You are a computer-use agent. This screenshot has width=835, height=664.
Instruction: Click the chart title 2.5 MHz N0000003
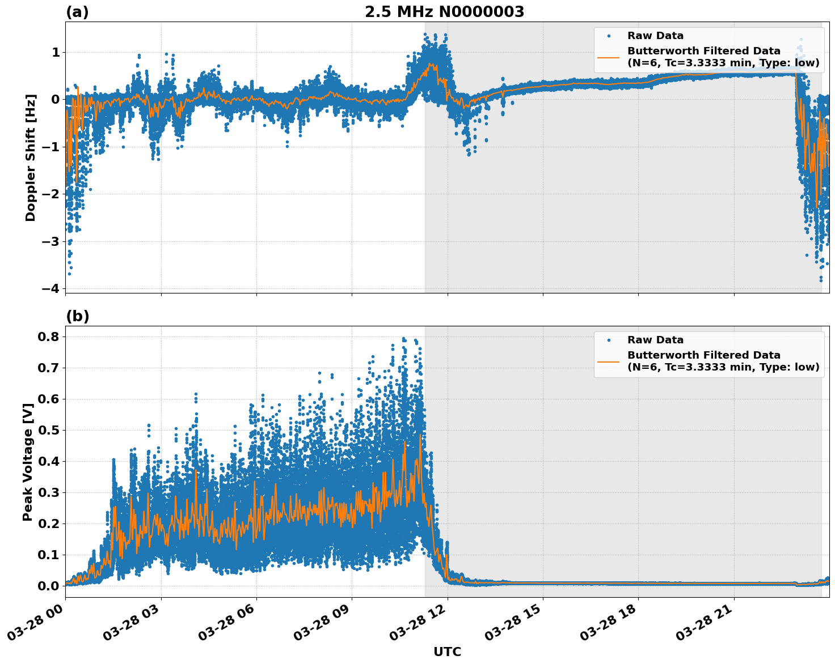444,12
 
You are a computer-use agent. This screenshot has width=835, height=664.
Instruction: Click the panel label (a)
77,12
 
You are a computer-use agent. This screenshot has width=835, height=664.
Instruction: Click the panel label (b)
77,316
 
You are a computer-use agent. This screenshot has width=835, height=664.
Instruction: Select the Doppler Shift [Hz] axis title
31,158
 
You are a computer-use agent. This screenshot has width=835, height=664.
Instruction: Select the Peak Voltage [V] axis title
28,462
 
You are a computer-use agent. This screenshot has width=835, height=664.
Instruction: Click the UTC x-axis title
447,652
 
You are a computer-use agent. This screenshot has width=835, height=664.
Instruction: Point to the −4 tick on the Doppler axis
50,288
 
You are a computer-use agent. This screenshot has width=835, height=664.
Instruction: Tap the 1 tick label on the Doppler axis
56,53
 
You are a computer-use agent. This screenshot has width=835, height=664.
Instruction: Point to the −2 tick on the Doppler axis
50,194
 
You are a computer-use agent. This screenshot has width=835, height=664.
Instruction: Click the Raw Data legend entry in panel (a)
655,36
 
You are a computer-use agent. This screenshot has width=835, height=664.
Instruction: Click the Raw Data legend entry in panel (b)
655,340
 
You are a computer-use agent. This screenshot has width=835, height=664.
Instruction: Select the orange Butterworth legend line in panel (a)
608,57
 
